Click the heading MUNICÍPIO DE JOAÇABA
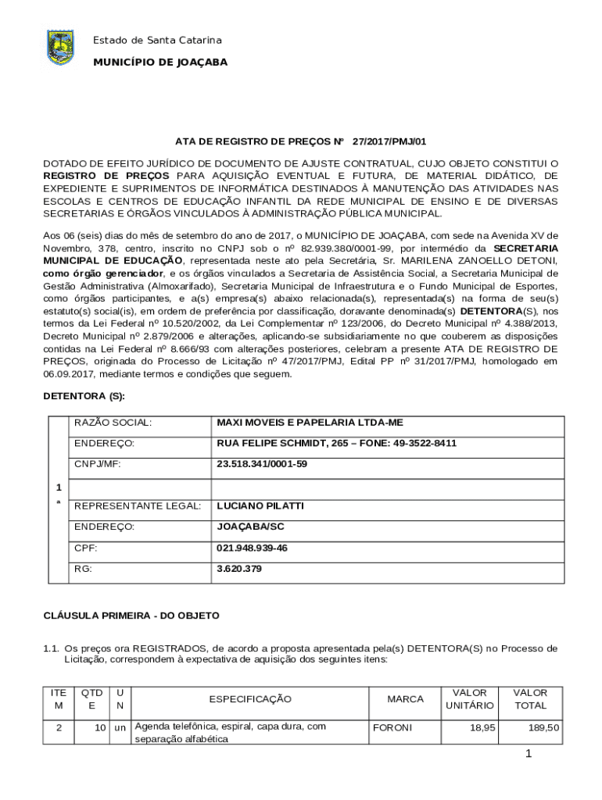coord(160,62)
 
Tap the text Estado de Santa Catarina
coord(157,40)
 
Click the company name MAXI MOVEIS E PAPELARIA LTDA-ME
coord(310,423)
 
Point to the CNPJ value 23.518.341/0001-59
coord(262,464)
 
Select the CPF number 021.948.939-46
coord(252,548)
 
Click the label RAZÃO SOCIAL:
coord(113,423)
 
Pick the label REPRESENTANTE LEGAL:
coord(138,506)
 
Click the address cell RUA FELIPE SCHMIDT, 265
coord(336,444)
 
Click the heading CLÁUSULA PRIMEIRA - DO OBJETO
coord(131,616)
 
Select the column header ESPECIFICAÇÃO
coord(250,699)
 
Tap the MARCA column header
coord(405,699)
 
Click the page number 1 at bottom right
coord(529,754)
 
